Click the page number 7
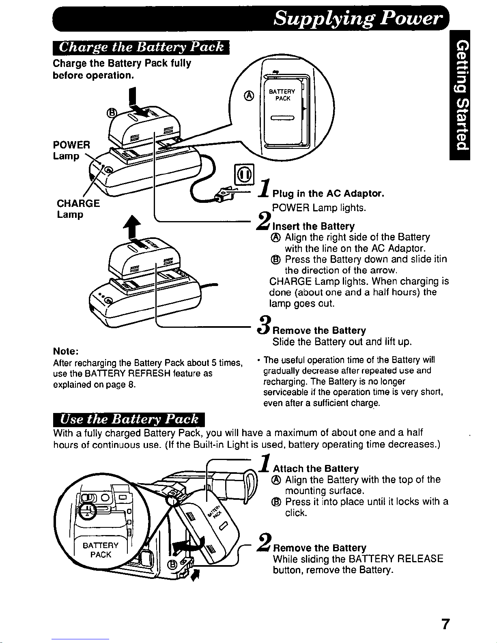(445, 624)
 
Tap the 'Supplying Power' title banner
(251, 18)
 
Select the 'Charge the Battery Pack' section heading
(141, 47)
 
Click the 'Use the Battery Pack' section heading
(129, 419)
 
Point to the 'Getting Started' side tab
(460, 95)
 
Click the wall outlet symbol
(244, 174)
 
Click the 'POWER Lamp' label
(71, 151)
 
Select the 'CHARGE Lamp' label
(78, 209)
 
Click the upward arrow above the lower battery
(132, 226)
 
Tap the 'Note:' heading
(66, 351)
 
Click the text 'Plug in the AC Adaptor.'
(328, 194)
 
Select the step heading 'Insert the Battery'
(314, 226)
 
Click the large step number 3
(264, 325)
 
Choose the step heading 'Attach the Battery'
(316, 469)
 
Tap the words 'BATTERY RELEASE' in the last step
(396, 559)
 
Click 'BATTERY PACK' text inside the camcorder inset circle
(101, 550)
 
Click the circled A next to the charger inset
(250, 96)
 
